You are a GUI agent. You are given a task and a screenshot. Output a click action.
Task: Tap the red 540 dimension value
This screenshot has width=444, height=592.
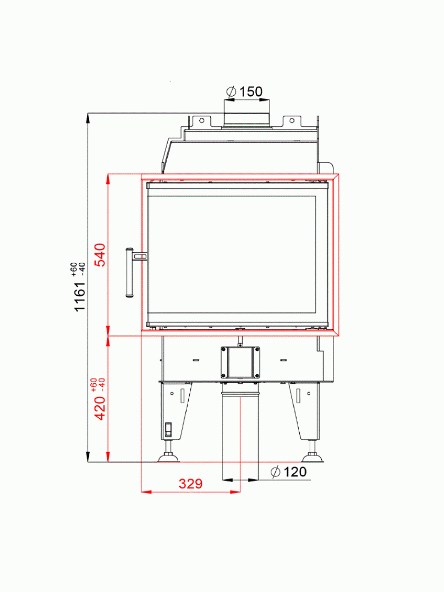coord(100,255)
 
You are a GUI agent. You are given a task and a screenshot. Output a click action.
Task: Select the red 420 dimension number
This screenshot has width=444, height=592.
coord(100,408)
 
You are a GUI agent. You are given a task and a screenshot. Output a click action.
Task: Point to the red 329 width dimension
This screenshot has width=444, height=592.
coord(191,484)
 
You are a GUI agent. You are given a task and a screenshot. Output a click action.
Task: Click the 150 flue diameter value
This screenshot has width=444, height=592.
coord(251,91)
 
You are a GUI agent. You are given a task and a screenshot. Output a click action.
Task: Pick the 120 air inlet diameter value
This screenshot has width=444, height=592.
coord(295,472)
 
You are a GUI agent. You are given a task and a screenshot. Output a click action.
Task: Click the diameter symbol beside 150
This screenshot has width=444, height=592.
coord(231,91)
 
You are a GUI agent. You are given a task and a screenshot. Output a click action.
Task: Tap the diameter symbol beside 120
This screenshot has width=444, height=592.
coord(275,472)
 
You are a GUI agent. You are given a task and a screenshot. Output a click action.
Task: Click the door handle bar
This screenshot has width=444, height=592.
coord(129,273)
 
